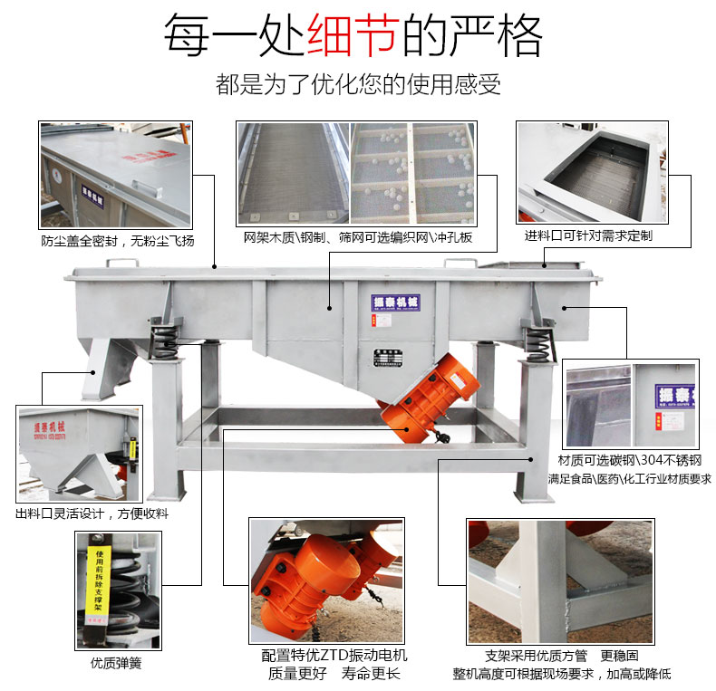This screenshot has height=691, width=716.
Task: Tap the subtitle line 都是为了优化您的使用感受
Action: point(358,85)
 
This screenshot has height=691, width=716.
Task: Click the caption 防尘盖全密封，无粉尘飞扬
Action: point(117,241)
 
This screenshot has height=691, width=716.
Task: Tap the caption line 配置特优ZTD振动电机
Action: point(334,655)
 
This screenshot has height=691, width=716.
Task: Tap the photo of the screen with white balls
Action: point(413,173)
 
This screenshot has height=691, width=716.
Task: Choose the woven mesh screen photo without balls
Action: point(293,173)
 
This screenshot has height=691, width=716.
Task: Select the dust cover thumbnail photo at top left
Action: point(116,175)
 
